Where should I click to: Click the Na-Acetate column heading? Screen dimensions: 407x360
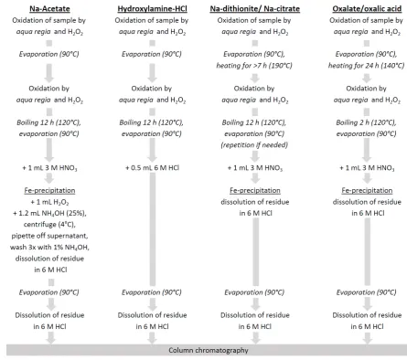click(x=49, y=8)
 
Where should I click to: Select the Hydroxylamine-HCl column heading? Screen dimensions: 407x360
click(x=152, y=8)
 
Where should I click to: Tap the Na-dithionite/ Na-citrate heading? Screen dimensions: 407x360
click(x=255, y=8)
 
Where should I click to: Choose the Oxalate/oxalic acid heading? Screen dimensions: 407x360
click(x=367, y=8)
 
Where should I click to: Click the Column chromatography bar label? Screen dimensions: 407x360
click(x=209, y=350)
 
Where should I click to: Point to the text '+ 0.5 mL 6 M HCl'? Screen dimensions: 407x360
click(x=152, y=168)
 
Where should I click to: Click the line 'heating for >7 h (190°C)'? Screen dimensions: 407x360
click(x=254, y=66)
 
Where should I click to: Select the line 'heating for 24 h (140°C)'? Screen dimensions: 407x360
click(x=366, y=66)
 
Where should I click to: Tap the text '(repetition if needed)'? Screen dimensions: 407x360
click(x=254, y=145)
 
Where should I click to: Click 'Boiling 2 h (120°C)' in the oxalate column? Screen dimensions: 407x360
click(x=366, y=122)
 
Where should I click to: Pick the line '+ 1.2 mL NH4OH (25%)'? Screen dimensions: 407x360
click(x=49, y=213)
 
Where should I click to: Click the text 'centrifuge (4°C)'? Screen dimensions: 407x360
click(x=49, y=225)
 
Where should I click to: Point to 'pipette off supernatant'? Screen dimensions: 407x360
click(x=49, y=236)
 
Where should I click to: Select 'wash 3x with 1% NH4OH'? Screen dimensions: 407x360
click(x=49, y=247)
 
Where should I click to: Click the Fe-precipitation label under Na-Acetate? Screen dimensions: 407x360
click(x=49, y=191)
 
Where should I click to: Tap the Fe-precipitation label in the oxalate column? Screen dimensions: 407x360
click(x=367, y=191)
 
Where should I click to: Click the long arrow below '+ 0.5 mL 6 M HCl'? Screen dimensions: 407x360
click(x=153, y=229)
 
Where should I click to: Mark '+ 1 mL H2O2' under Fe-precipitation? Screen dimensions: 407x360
click(x=49, y=202)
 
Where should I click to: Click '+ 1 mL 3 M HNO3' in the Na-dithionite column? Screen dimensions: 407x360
click(x=255, y=168)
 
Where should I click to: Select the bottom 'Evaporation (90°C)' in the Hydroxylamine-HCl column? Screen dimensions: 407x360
click(x=152, y=292)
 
